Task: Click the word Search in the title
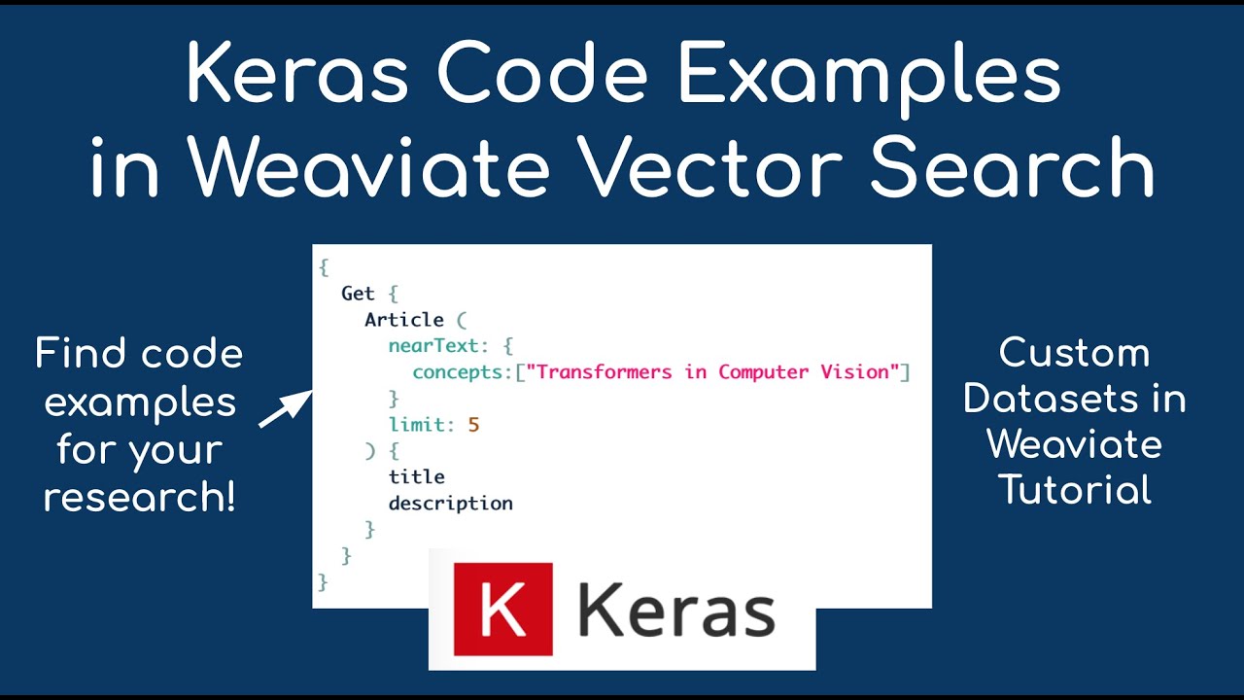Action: (1011, 167)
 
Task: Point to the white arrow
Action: (285, 408)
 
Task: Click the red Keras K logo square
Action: (503, 610)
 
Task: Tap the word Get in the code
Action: (357, 294)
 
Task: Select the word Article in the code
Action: (403, 320)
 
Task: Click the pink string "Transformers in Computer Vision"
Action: (713, 372)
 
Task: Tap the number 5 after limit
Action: (474, 425)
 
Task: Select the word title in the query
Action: (416, 477)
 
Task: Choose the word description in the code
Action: (450, 504)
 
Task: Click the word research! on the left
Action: (139, 497)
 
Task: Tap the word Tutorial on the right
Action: (1075, 489)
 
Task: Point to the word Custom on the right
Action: (1075, 353)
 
